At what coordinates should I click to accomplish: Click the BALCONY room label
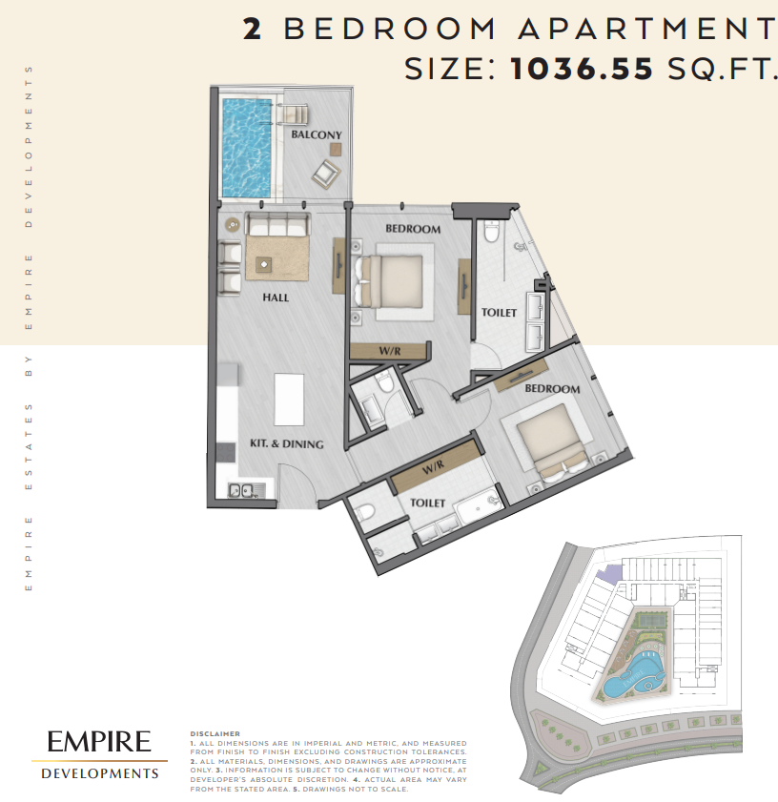(317, 135)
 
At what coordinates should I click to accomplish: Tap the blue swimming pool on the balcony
(247, 149)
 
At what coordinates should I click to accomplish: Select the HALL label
(276, 298)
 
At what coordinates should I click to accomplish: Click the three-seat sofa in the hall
(277, 224)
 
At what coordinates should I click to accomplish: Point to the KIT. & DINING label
(286, 444)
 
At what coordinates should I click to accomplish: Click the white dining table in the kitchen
(289, 400)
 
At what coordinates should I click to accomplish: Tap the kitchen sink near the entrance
(247, 491)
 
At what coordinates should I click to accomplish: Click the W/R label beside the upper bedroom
(390, 351)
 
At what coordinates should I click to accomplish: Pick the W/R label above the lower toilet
(433, 467)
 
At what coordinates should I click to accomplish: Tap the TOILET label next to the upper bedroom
(499, 313)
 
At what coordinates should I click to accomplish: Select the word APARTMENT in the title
(647, 29)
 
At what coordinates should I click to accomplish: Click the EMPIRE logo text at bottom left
(99, 742)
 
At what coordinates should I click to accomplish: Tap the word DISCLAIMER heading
(215, 734)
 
